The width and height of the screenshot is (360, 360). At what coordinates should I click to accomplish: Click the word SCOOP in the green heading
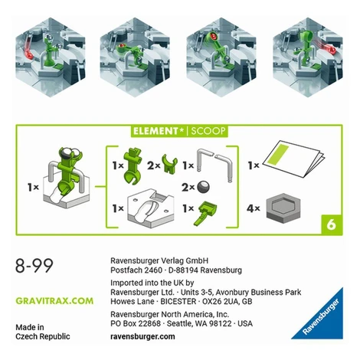pos(208,131)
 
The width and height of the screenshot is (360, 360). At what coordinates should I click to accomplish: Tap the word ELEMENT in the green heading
pos(155,131)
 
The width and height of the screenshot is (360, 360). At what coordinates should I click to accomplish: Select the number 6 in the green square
pos(331,225)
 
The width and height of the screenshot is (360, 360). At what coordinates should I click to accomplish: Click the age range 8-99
pos(34,266)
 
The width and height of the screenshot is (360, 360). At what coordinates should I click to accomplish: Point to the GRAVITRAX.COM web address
pos(54,301)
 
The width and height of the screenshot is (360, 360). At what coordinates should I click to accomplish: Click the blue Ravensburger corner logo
pos(317,314)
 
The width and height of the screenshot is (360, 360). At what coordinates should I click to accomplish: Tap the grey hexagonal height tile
pos(283,208)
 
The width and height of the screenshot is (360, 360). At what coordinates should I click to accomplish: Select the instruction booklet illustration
pos(293,159)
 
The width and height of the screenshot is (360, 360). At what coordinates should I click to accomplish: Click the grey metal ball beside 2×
pos(203,187)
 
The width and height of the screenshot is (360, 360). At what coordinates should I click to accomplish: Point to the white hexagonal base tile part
pos(151,208)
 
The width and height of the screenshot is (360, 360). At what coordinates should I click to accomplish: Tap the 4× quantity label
pos(253,208)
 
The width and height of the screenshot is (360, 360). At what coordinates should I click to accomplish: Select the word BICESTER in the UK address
pos(178,301)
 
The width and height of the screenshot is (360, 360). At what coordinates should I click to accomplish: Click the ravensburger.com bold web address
pos(142,336)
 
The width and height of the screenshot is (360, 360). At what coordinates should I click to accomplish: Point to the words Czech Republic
pos(43,336)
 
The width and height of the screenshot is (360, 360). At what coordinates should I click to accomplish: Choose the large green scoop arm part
pos(133,166)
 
